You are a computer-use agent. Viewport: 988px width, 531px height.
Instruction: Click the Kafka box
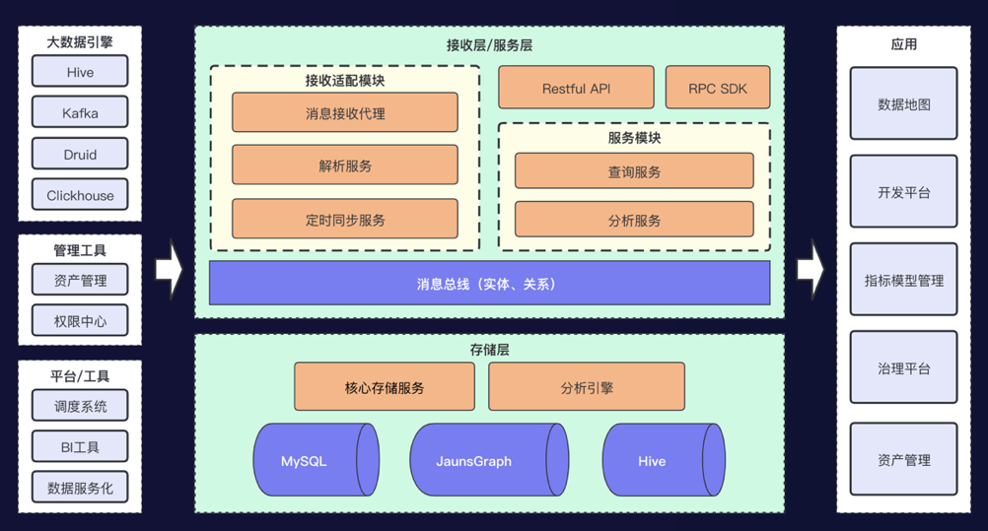tap(80, 113)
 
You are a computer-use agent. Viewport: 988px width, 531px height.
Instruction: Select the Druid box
tap(80, 155)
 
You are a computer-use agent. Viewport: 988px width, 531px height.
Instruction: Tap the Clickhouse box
tap(80, 195)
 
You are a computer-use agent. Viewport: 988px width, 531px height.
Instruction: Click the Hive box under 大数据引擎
tap(80, 72)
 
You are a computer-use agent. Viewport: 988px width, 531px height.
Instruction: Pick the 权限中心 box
tap(80, 321)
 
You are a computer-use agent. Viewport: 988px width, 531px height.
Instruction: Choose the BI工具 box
tap(80, 447)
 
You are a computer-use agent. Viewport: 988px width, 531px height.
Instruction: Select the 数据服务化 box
tap(80, 488)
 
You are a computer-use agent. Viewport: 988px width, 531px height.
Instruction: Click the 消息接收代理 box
tap(345, 113)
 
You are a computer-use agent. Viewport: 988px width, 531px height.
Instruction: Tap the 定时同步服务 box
tap(345, 220)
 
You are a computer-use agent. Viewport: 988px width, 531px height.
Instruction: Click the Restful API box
tap(576, 88)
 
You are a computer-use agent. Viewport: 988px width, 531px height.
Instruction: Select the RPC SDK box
tap(718, 88)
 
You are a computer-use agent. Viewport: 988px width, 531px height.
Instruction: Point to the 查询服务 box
tap(634, 171)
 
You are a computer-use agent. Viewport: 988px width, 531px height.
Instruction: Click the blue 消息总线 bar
tap(489, 284)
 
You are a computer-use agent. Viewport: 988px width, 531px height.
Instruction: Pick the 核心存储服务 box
tap(385, 387)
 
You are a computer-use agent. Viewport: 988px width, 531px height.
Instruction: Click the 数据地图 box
tap(903, 103)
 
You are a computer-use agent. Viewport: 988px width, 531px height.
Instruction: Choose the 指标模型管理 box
tap(903, 280)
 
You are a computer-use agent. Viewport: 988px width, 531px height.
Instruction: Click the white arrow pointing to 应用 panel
tap(810, 268)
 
